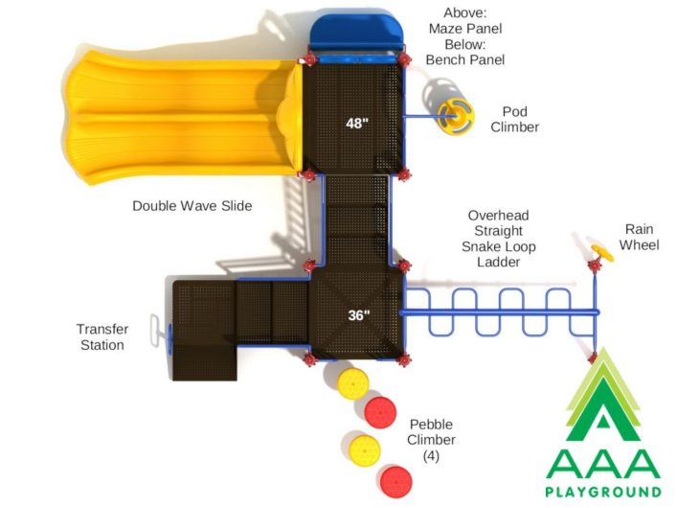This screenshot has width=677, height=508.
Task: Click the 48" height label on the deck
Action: click(357, 124)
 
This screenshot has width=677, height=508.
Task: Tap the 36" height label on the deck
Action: click(359, 315)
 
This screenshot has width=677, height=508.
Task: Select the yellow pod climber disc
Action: click(456, 116)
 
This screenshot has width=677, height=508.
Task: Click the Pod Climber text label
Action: click(514, 119)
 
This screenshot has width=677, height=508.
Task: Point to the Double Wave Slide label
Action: click(192, 206)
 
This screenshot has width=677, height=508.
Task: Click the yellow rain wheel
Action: click(602, 253)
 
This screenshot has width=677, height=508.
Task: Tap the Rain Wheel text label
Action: click(639, 237)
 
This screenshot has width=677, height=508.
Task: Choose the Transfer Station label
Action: click(102, 337)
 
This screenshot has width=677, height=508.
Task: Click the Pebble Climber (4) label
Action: click(431, 440)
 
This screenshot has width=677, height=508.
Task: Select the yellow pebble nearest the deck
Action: click(353, 383)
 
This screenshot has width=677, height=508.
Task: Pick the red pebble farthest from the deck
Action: click(395, 481)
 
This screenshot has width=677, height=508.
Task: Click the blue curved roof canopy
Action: click(356, 33)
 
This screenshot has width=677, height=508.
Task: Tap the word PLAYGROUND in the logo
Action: click(603, 492)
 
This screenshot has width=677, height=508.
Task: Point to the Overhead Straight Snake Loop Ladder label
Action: click(498, 239)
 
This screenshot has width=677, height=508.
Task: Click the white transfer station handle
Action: click(155, 330)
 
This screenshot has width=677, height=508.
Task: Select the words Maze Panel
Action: click(465, 29)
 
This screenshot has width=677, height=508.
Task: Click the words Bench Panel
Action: click(465, 59)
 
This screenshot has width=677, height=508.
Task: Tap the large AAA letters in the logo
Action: click(603, 464)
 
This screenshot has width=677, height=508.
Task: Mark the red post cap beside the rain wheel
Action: click(595, 266)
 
